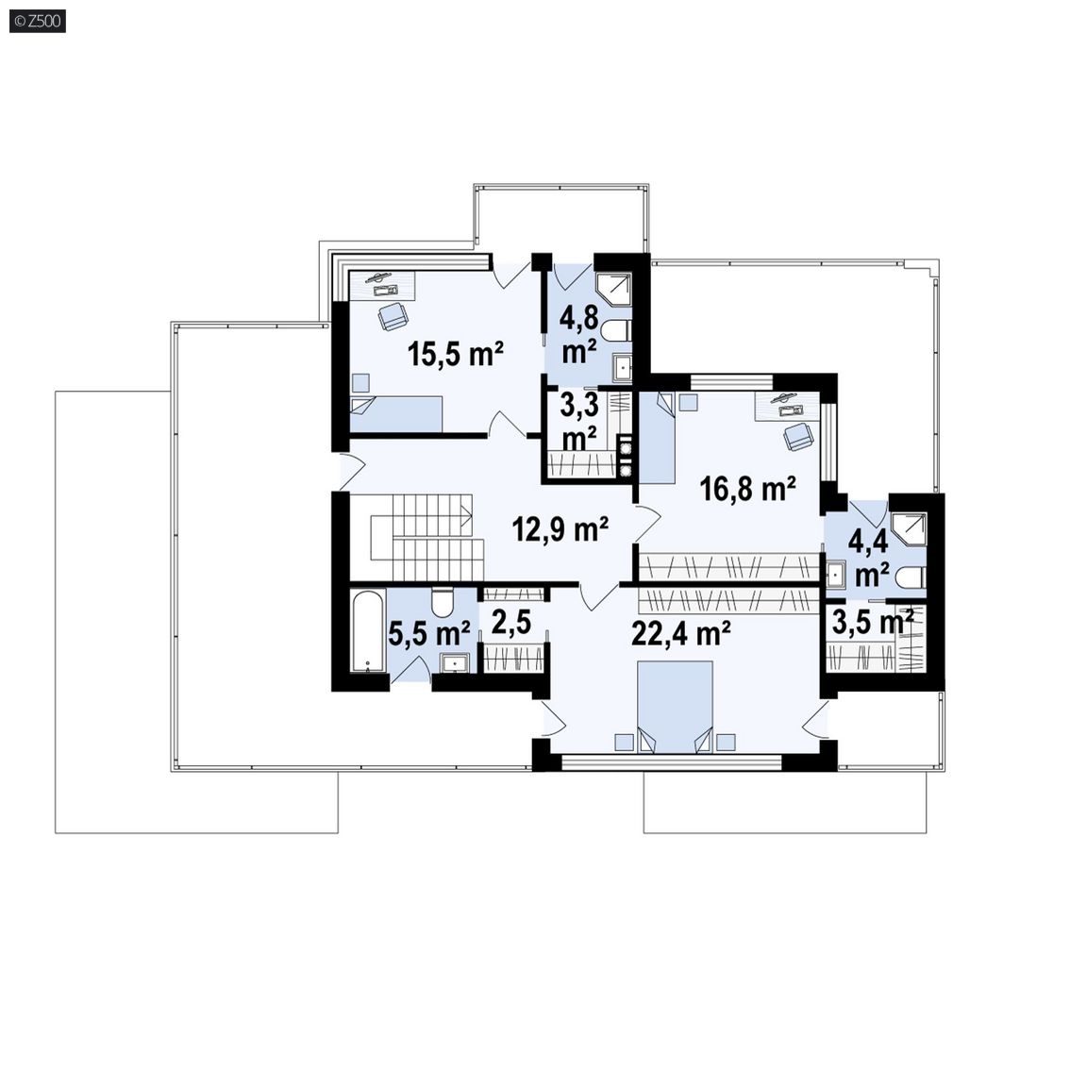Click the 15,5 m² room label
[x=456, y=354]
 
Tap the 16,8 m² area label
[x=747, y=489]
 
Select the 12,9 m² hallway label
[x=560, y=529]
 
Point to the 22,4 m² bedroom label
[x=680, y=633]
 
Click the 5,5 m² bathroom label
[x=429, y=634]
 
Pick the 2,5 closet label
[x=510, y=623]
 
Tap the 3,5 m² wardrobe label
[x=872, y=622]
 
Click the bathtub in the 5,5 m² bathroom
[x=368, y=631]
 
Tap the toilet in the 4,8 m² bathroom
[x=615, y=330]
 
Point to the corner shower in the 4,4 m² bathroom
[x=909, y=530]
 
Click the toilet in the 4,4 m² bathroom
[x=910, y=577]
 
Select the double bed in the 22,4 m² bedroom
[x=675, y=707]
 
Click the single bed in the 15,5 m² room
[x=396, y=414]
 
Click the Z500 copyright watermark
[x=38, y=22]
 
